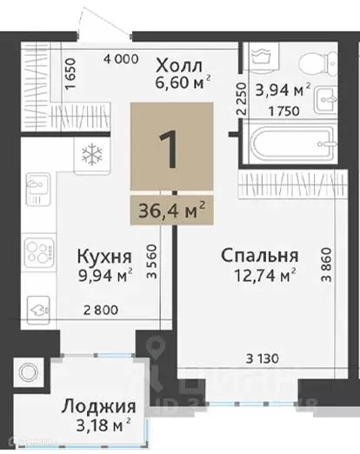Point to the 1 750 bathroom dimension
(277, 112)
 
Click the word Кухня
(105, 257)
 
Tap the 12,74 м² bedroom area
(260, 276)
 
